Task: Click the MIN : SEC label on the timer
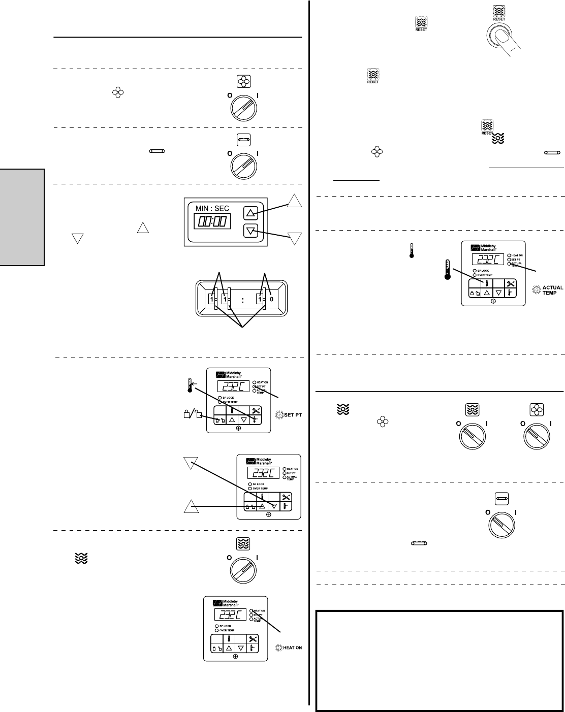click(x=210, y=207)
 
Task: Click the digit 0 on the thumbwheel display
click(x=271, y=299)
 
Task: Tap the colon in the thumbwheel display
click(x=243, y=300)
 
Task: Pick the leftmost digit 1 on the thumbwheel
click(x=212, y=299)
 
